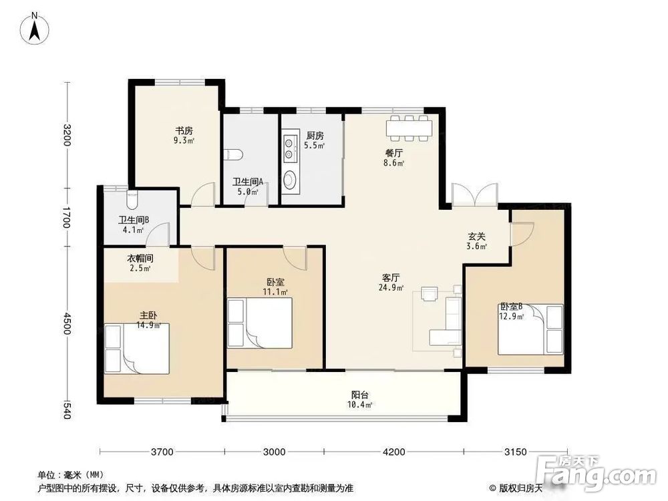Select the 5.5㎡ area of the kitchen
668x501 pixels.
tap(315, 146)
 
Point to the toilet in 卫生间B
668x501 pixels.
tap(132, 200)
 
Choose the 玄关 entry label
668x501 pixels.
tap(476, 236)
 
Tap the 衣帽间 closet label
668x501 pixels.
tap(140, 259)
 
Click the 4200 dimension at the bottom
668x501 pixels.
tap(394, 452)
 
